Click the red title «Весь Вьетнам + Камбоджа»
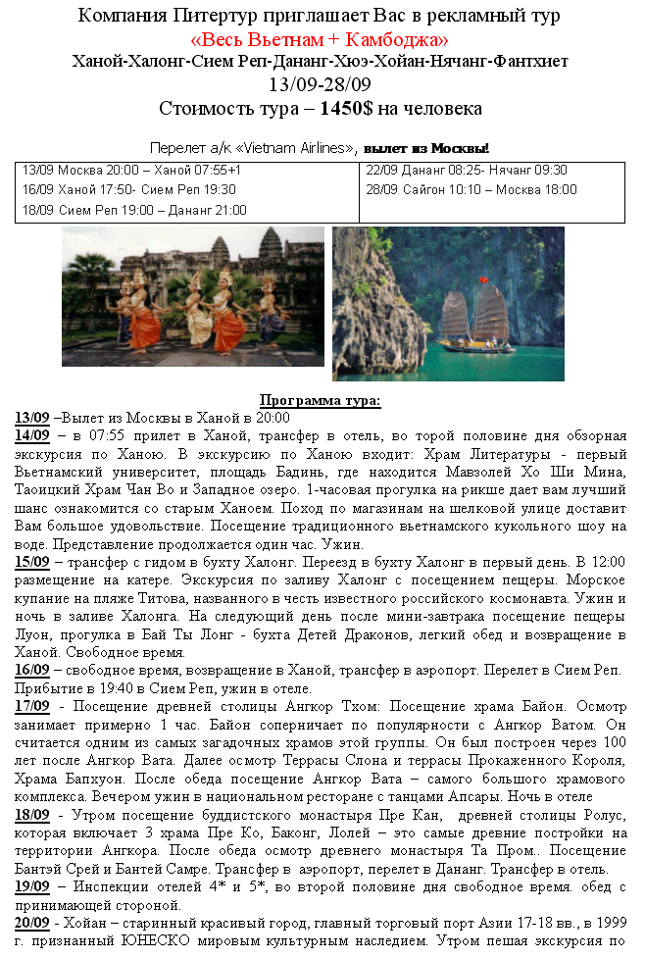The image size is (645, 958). coord(321,39)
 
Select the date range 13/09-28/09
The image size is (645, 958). coord(320,83)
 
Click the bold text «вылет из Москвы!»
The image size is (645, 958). coord(425,148)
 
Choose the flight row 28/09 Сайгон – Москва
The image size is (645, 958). coord(471,189)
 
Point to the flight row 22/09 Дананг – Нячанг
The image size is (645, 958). coord(466,170)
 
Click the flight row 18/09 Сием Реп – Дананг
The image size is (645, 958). coord(134,210)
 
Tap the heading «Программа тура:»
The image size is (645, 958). coord(320,400)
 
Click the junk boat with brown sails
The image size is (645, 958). coord(475,319)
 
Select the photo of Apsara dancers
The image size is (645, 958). coord(192,296)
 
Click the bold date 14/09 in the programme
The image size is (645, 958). coord(32,434)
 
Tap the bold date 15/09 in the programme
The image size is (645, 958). coord(32,562)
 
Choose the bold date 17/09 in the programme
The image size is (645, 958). coord(32,705)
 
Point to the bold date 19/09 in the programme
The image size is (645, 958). coord(32,885)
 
